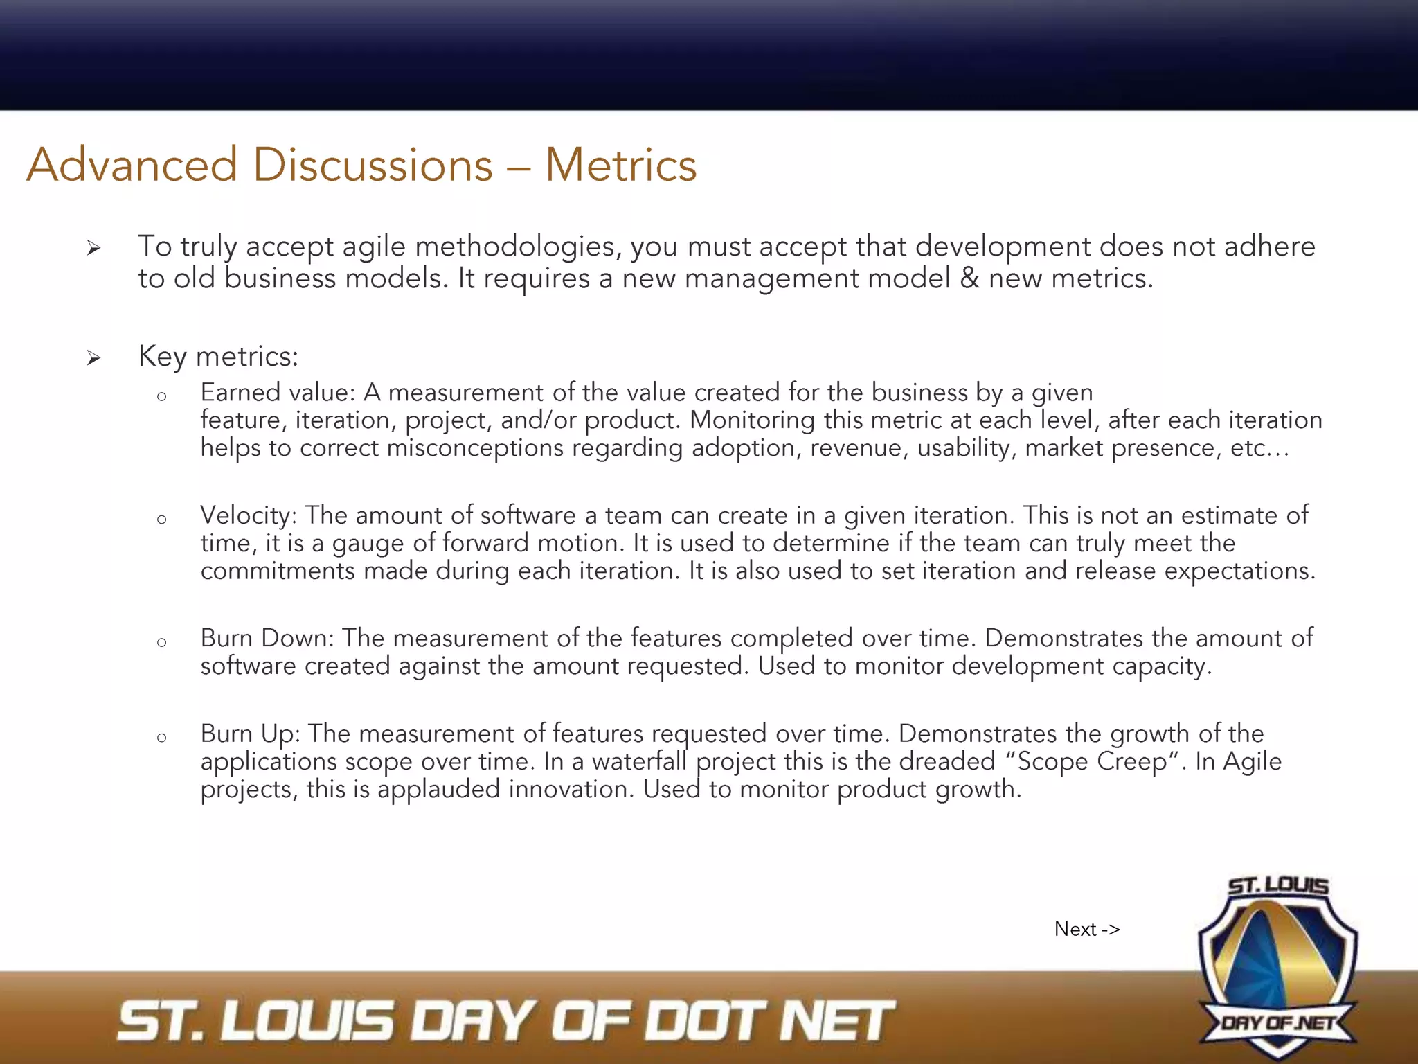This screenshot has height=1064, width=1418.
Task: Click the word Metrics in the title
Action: [620, 166]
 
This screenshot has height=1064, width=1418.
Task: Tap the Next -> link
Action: [1086, 929]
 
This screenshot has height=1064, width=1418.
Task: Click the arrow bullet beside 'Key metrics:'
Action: [94, 358]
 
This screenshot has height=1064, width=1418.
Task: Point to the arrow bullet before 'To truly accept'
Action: [94, 248]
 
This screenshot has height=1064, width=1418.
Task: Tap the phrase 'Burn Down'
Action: [267, 638]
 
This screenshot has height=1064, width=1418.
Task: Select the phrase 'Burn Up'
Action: [249, 734]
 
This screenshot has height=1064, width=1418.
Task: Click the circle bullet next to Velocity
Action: [162, 520]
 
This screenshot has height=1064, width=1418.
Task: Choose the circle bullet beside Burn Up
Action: [162, 738]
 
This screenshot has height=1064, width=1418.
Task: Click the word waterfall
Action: [639, 761]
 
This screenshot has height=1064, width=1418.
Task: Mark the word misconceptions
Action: [475, 448]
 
